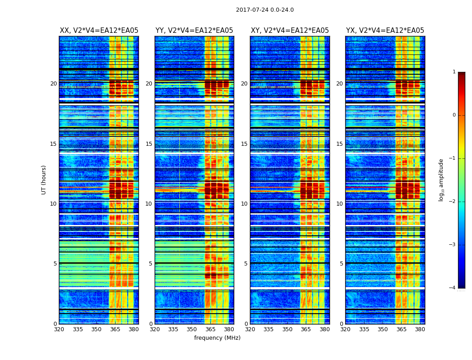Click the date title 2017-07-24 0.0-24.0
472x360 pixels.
pos(265,10)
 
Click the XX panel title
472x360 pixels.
pos(99,31)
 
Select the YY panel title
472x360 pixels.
pos(194,31)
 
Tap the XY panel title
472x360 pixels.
pos(289,31)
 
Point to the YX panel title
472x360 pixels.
pos(385,31)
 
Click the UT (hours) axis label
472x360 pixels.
pos(44,180)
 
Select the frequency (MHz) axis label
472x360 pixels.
pos(217,338)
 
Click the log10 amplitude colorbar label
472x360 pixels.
pos(441,180)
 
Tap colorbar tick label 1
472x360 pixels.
pos(454,72)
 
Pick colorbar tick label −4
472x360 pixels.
pos(452,288)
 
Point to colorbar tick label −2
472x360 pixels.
pos(452,202)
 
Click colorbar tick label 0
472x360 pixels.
pos(454,115)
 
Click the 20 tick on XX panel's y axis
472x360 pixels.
pos(53,84)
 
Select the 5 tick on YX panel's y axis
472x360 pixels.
pos(342,264)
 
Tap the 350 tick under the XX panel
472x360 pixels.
pos(96,329)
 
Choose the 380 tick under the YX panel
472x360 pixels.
pos(420,329)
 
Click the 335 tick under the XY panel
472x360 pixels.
pos(269,329)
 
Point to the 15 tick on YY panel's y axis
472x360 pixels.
pos(149,144)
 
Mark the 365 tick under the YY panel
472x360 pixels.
pos(210,329)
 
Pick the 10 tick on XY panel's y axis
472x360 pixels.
pos(244,204)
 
